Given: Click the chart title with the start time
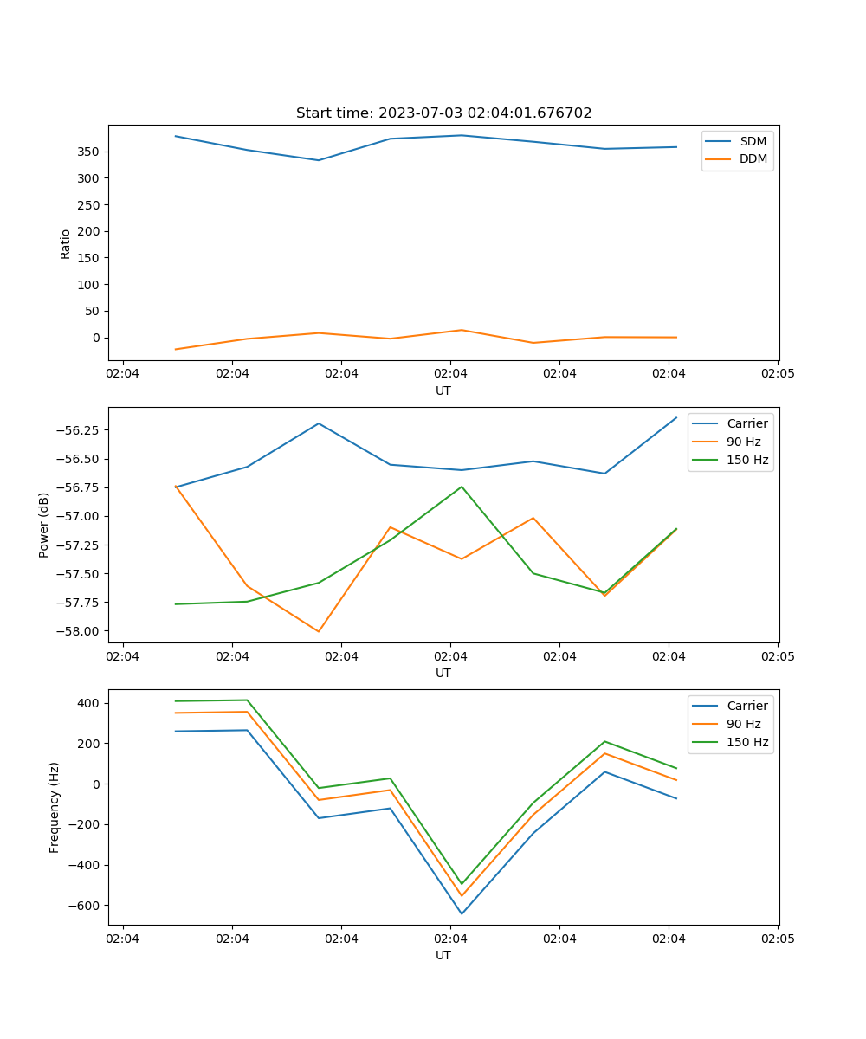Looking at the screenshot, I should coord(443,113).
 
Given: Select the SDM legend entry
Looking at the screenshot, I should coord(753,141).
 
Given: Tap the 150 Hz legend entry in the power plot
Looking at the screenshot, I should coord(747,460).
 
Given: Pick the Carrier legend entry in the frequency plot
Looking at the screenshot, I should coord(746,706).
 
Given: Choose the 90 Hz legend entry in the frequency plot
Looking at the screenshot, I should coord(743,724).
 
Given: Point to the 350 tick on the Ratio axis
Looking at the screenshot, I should coord(89,152).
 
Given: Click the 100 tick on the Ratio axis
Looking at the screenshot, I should coord(89,285).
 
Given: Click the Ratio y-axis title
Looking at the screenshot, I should coord(66,243).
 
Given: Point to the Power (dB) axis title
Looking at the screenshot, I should coord(44,525).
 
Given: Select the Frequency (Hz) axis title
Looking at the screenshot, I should coord(55,807).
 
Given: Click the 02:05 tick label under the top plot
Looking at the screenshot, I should coord(777,374).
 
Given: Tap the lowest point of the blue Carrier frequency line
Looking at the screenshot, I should coord(462,913).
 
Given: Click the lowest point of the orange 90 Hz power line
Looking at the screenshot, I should coord(319,631).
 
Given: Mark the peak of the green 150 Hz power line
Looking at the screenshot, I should coord(462,487).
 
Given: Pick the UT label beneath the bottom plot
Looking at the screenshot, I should coord(443,955).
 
